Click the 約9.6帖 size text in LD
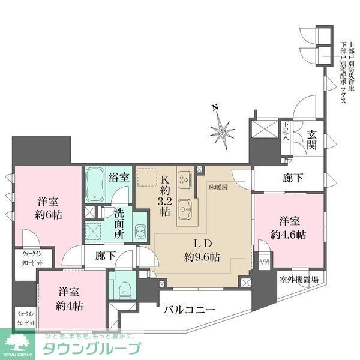point(202,257)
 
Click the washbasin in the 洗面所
point(139,231)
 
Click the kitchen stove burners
point(184,178)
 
